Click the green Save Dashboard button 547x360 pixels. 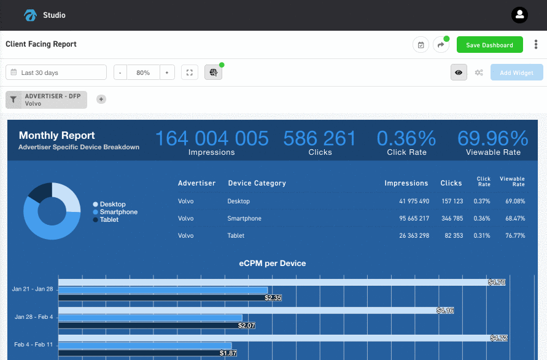click(x=489, y=45)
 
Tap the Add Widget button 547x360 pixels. click(x=516, y=72)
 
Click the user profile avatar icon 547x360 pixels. click(x=519, y=15)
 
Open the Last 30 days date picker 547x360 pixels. click(x=56, y=72)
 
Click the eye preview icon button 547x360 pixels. click(x=459, y=72)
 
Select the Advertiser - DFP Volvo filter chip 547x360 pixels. click(x=47, y=100)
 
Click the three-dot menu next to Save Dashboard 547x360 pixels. click(x=536, y=45)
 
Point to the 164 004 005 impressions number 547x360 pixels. click(x=211, y=138)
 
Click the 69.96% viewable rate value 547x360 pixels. click(x=492, y=138)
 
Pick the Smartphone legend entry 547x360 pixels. click(x=118, y=212)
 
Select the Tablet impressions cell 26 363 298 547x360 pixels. click(x=414, y=235)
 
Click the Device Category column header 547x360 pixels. click(x=257, y=183)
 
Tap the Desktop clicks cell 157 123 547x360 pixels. click(x=452, y=201)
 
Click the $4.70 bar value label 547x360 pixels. click(x=496, y=283)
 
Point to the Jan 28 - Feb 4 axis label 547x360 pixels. click(x=34, y=317)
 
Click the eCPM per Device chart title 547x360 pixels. click(x=272, y=264)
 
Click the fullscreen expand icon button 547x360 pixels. click(x=190, y=72)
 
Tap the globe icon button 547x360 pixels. click(x=213, y=72)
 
